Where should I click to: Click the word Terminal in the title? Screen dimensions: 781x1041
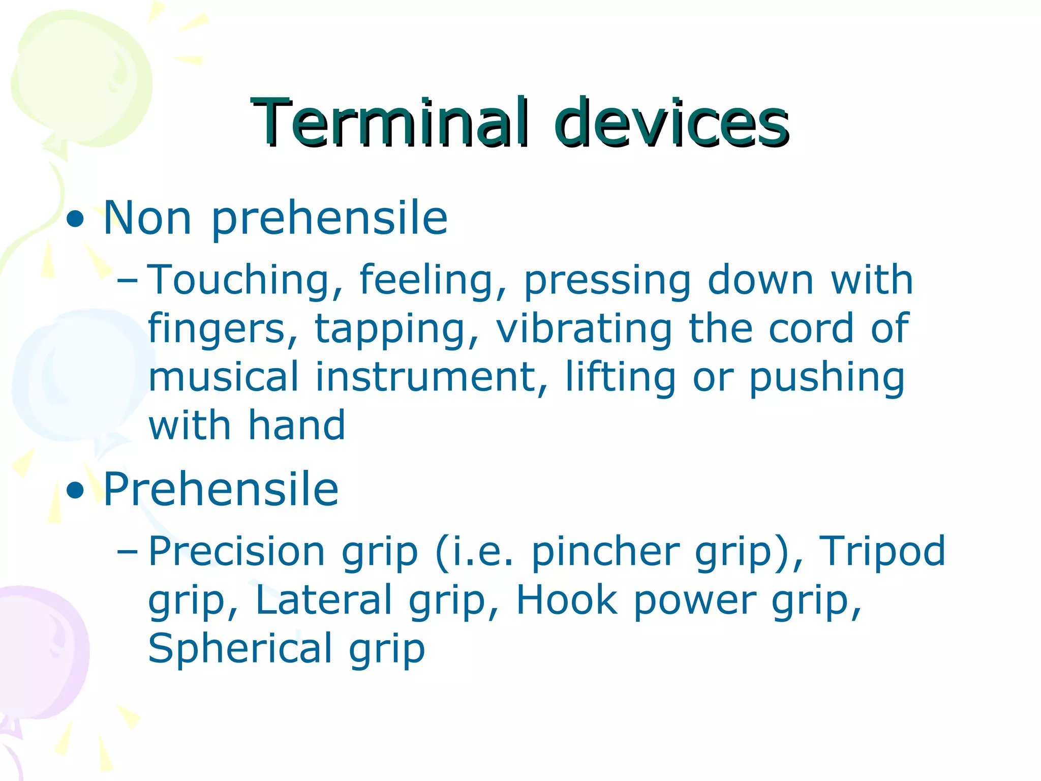click(x=390, y=123)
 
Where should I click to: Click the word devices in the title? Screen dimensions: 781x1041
click(x=672, y=123)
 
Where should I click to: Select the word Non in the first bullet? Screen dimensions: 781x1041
click(x=147, y=219)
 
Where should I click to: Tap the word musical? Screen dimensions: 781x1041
click(x=224, y=377)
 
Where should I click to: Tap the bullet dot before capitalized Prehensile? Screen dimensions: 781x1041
click(x=75, y=491)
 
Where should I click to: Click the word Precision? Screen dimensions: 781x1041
click(x=237, y=552)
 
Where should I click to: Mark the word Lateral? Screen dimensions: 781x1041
click(x=324, y=600)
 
